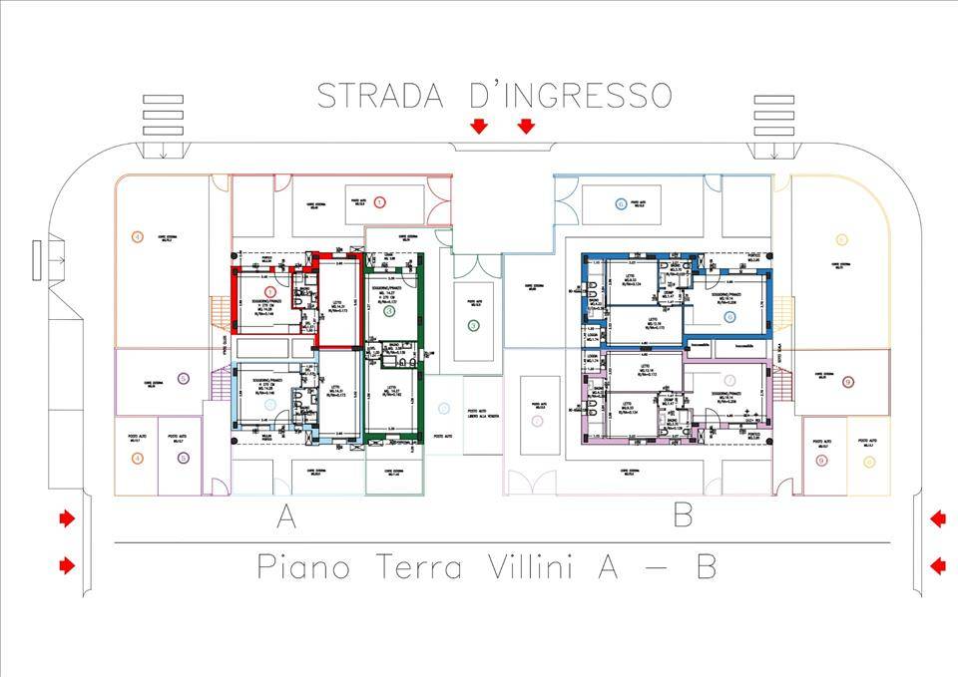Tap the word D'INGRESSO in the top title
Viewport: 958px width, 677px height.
(x=570, y=95)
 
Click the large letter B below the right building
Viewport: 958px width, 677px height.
(x=684, y=516)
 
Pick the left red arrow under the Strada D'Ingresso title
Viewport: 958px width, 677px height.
(x=479, y=126)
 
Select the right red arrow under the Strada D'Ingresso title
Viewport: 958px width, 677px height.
(x=526, y=126)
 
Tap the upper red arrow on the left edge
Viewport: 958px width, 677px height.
(x=66, y=518)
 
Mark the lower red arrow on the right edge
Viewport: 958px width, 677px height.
(x=937, y=566)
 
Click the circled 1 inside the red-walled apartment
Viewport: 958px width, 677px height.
(x=269, y=290)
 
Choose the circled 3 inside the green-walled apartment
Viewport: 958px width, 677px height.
(x=390, y=311)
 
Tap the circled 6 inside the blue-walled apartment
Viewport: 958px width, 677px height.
(x=729, y=317)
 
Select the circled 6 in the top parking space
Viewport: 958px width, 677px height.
(x=621, y=204)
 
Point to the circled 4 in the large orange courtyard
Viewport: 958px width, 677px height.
(x=138, y=236)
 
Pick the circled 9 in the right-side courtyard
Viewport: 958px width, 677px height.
(x=847, y=382)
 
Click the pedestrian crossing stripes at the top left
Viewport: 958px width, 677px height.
(x=158, y=116)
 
